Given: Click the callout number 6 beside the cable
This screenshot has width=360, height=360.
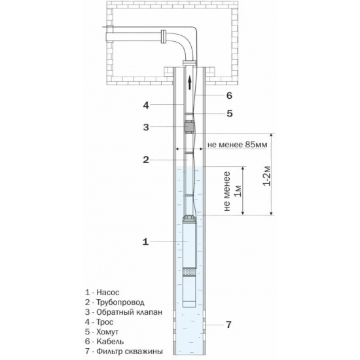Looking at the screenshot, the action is (x=229, y=96).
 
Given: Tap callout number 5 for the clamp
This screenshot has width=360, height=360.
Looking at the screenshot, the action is (x=230, y=113).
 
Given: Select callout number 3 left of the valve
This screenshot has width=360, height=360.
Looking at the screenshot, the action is (x=146, y=127).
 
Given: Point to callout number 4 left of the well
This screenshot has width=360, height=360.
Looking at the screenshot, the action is (x=146, y=105).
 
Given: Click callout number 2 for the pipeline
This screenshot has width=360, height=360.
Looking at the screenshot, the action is (x=146, y=160).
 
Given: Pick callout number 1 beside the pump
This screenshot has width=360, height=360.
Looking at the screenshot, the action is (x=145, y=242).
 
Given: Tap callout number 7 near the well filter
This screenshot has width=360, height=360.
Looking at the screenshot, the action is (x=228, y=325).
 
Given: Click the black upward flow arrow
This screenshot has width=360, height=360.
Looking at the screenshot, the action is (x=190, y=82).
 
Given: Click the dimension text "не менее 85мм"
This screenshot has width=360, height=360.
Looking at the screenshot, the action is (x=238, y=145).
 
